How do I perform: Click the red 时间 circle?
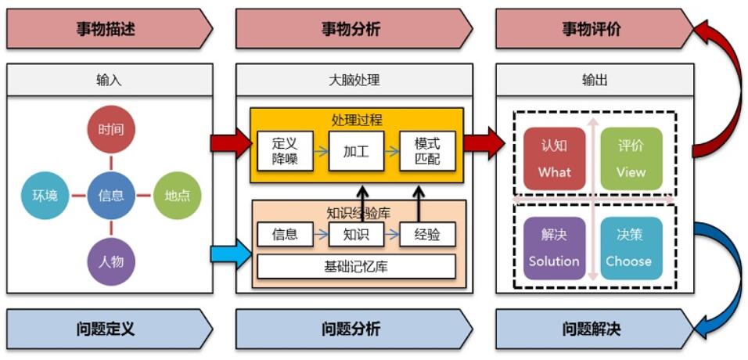pos(111,129)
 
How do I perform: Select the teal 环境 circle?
pos(45,195)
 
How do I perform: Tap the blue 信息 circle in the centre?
pos(111,195)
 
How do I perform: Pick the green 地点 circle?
pos(178,195)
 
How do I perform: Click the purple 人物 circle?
pos(111,261)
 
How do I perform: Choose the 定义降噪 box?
pos(285,152)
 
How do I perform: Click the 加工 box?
pos(356,152)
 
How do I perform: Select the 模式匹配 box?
pos(427,152)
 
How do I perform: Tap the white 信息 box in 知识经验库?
pos(285,234)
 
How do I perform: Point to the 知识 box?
pos(356,234)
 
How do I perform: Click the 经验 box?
pos(427,234)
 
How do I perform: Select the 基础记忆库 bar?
pos(356,267)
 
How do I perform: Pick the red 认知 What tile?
pos(554,159)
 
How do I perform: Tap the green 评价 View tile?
pos(631,159)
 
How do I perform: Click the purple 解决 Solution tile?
pos(554,248)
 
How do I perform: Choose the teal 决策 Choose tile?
pos(631,248)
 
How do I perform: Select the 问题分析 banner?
pos(351,329)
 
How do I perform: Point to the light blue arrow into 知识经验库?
pos(231,254)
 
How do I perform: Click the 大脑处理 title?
pos(354,80)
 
